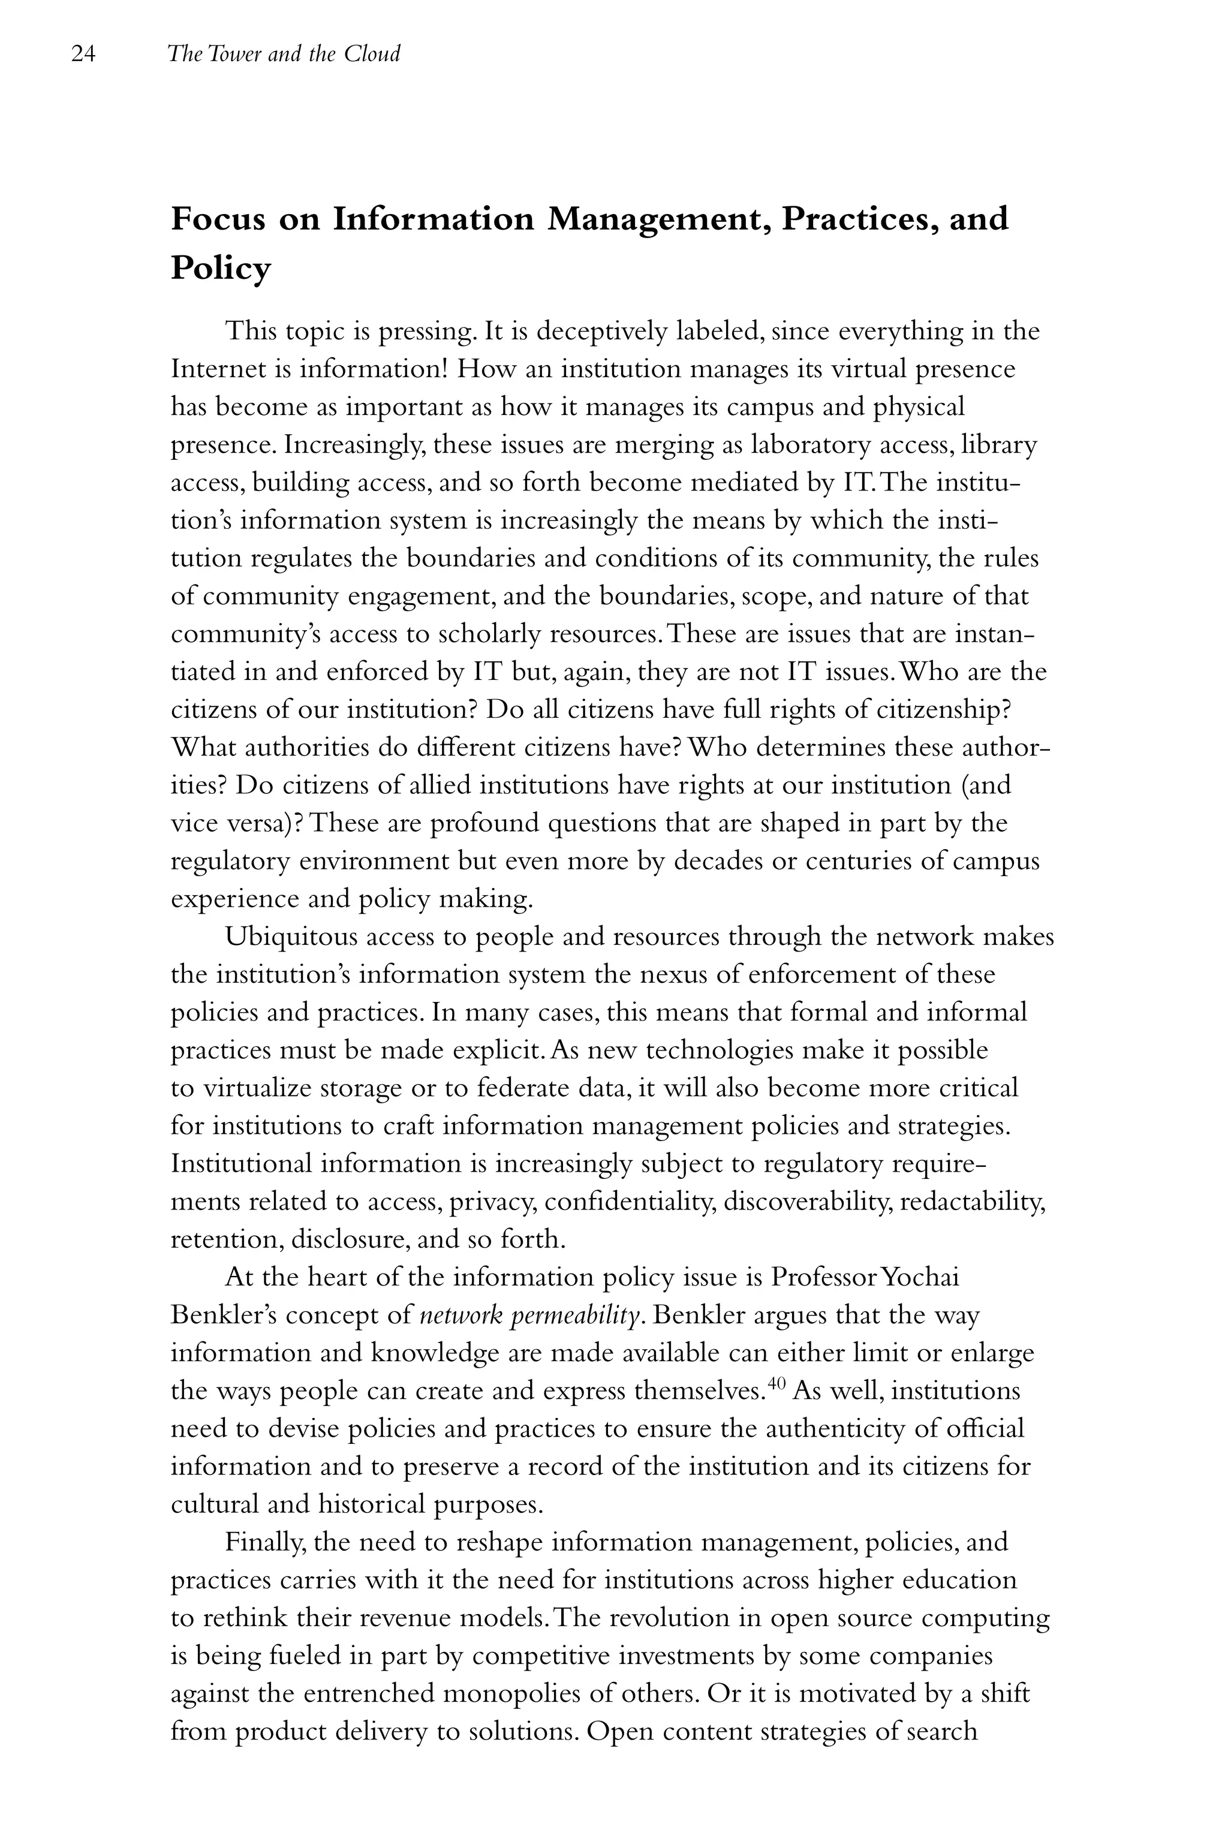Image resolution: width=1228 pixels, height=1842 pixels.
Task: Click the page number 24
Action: (x=83, y=54)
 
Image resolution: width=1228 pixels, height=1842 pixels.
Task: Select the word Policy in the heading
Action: (x=221, y=269)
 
